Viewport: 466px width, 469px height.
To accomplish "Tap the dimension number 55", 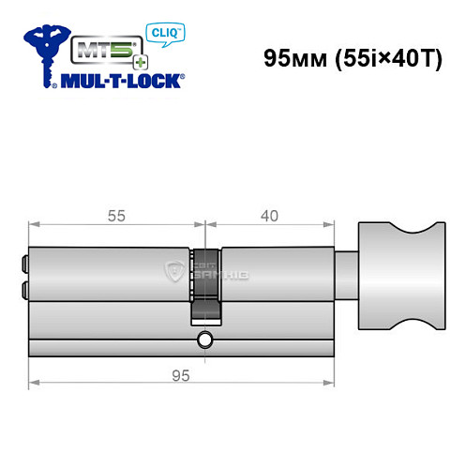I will pos(116,216).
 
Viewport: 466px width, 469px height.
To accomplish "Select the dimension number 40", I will pos(270,216).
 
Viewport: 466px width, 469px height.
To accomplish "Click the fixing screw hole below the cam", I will pos(204,338).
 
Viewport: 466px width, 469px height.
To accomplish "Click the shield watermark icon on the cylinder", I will pos(174,273).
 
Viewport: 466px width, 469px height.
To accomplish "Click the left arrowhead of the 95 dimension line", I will pos(33,384).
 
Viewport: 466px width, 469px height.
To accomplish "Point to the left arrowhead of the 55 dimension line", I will pos(33,225).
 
